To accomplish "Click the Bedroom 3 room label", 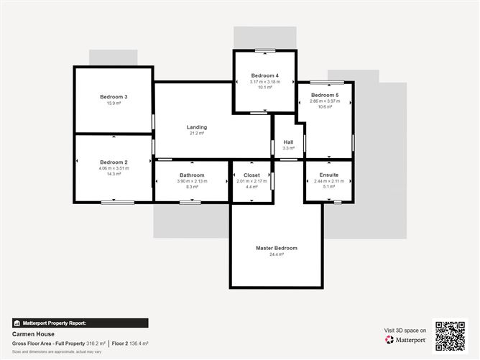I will (114, 97).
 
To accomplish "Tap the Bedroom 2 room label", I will (114, 162).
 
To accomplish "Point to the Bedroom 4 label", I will (264, 75).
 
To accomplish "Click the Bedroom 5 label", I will (324, 95).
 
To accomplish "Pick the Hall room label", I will (288, 142).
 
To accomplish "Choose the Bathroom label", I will (192, 175).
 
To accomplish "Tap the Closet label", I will (251, 175).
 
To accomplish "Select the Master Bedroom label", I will (276, 248).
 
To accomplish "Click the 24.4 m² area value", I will (276, 254).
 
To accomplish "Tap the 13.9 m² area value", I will (114, 103).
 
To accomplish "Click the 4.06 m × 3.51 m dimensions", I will (114, 168).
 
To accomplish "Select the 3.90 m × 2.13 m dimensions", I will (192, 181).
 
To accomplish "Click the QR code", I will (451, 336).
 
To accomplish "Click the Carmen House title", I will (29, 334).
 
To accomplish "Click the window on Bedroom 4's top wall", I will (264, 50).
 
